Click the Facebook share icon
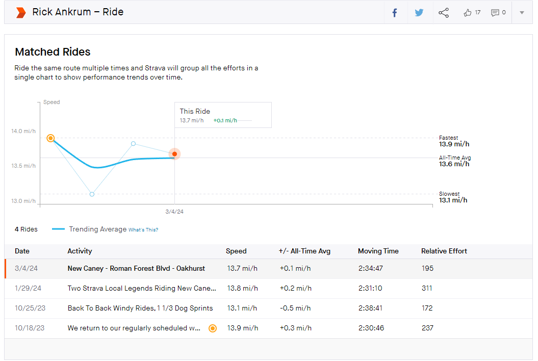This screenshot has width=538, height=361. coord(395,13)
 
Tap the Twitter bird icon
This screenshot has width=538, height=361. coord(419,13)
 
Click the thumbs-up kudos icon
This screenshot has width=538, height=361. coord(467,13)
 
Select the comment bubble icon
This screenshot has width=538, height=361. coord(495,13)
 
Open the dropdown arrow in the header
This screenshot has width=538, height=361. coord(522,13)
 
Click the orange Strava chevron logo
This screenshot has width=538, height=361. coord(21,13)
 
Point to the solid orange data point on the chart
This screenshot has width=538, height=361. coord(174,154)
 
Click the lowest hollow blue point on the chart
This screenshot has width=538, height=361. coord(92,194)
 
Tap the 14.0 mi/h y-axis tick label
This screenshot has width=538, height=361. coord(23,131)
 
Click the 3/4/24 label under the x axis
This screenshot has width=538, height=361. coord(174,212)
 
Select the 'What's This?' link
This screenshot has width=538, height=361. coord(143,230)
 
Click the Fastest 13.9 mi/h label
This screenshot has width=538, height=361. coord(454,141)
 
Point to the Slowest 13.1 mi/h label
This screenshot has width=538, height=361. coord(453,197)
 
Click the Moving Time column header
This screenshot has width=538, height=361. coord(378,251)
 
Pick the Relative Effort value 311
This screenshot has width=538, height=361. coord(427,288)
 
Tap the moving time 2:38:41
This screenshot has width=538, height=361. coord(370,308)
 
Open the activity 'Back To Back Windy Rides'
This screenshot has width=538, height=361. coord(140,308)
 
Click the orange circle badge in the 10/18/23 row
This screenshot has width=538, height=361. coord(213,328)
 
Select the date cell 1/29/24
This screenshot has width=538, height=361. coord(28,288)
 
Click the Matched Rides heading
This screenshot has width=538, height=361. coord(53,52)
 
